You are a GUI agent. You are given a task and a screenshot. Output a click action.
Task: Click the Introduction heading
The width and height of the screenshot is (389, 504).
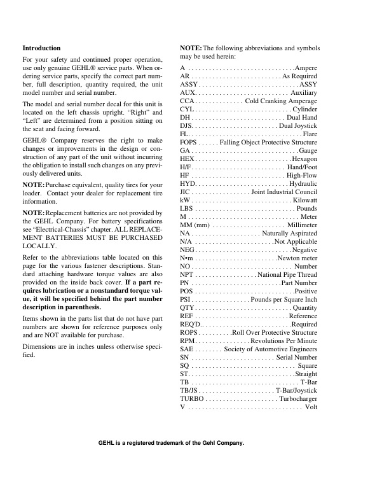point(41,48)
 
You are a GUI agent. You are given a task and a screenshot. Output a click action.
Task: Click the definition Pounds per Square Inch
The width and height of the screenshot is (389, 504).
point(284,299)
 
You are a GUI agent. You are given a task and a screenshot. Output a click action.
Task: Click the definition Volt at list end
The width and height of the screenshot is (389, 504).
point(311,407)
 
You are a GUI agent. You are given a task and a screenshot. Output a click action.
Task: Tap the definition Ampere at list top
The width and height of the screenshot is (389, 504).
point(306,67)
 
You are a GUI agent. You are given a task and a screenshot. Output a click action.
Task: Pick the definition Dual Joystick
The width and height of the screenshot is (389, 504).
point(298,126)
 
